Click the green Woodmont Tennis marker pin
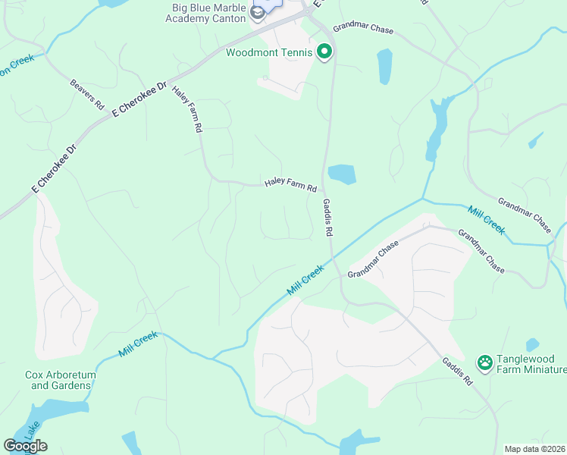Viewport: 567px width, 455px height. pos(324,52)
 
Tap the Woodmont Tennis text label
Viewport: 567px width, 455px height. pos(269,52)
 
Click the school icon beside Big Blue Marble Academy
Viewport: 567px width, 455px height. pos(258,11)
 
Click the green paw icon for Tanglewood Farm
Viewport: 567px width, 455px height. pos(484,360)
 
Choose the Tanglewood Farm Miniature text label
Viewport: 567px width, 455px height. pos(531,365)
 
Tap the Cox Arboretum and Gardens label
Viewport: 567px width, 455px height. pos(58,380)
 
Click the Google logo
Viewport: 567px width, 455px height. pos(25,446)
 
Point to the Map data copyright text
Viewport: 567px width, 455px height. pos(534,449)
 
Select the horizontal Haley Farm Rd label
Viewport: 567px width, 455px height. pos(290,184)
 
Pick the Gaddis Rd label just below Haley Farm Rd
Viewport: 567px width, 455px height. pos(327,216)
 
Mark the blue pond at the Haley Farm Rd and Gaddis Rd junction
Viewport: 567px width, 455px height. pos(341,174)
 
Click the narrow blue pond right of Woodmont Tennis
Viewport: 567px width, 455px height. pos(384,66)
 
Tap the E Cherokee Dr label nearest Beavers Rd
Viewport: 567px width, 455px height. pos(139,99)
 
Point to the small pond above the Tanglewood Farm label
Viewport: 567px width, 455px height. pos(532,344)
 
